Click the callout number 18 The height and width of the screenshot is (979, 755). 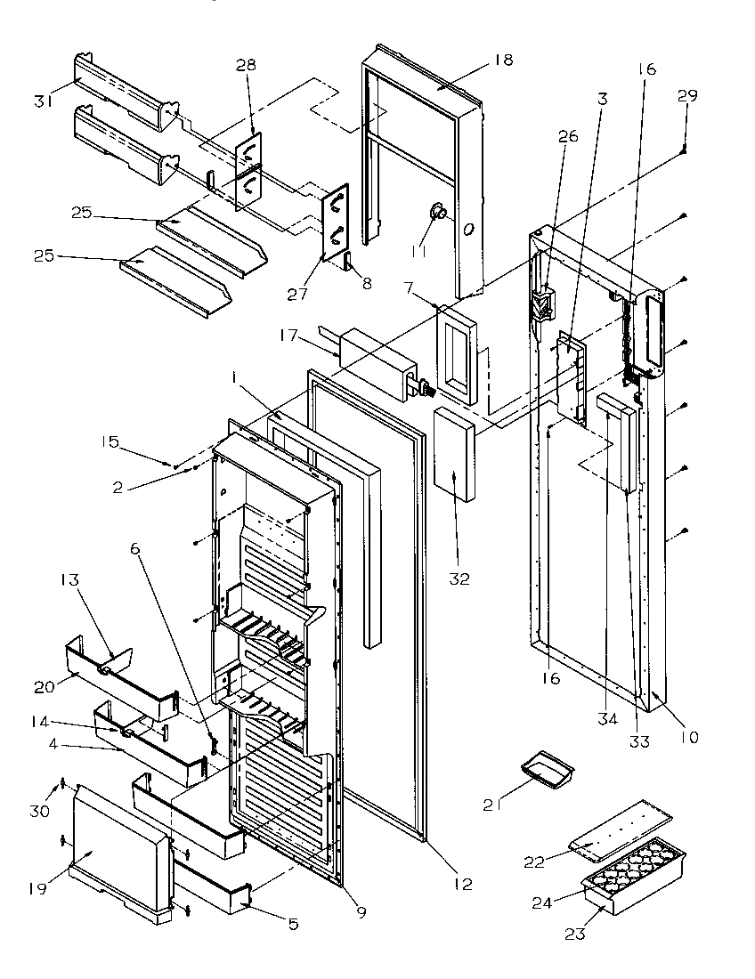(x=503, y=61)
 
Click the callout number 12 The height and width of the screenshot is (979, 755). (x=461, y=884)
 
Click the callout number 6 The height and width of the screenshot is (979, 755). (x=135, y=550)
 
